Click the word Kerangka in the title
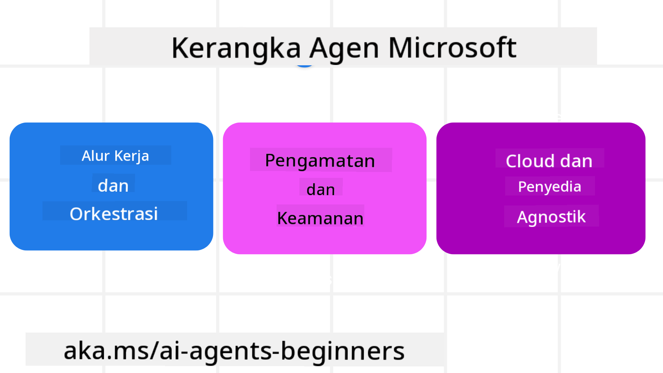[x=236, y=48]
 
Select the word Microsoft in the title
[x=452, y=47]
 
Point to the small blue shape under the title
[x=304, y=65]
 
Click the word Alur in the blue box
[x=96, y=155]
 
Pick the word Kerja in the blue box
[x=132, y=156]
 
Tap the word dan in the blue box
[x=113, y=185]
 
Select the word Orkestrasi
[x=114, y=214]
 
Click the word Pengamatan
[x=320, y=161]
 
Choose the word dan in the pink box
[x=321, y=190]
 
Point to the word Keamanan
[x=320, y=218]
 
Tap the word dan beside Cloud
[x=576, y=161]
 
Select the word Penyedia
[x=550, y=187]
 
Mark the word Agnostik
[x=551, y=217]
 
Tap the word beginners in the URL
[x=343, y=351]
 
